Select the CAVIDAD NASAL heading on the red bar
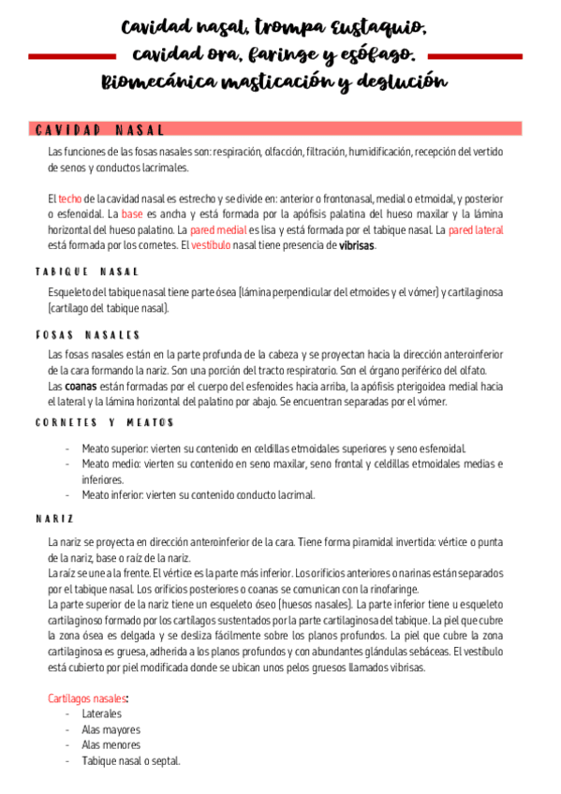point(99,129)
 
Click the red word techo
point(70,199)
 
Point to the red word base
point(131,214)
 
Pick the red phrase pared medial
point(218,230)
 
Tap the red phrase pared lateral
point(476,230)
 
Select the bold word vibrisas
point(356,245)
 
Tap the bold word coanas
point(81,386)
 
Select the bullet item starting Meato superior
point(273,448)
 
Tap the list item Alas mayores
point(111,729)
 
